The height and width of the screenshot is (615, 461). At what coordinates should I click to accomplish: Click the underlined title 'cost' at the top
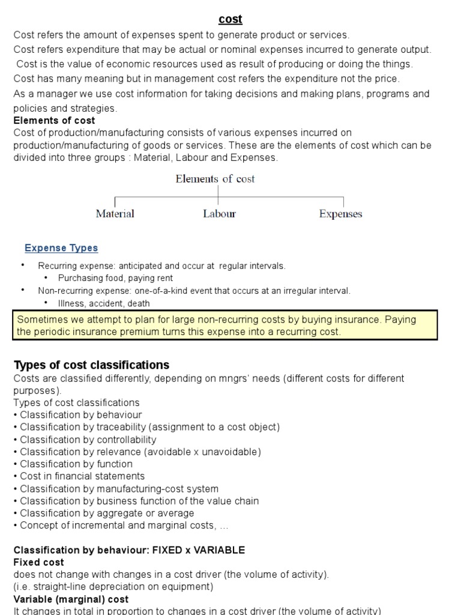tap(230, 19)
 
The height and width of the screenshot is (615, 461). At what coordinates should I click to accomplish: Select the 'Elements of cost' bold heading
tap(54, 121)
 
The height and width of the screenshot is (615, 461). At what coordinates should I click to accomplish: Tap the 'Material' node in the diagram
tap(115, 214)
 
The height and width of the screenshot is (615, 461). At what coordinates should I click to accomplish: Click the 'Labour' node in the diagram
tap(219, 214)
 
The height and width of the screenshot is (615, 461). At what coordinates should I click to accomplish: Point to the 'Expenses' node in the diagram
tap(340, 214)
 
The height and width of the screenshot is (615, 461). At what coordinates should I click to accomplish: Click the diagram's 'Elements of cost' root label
tap(215, 179)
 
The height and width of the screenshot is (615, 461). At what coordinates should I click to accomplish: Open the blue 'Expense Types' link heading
tap(61, 248)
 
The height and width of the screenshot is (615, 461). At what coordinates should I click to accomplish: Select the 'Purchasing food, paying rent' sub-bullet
tap(115, 278)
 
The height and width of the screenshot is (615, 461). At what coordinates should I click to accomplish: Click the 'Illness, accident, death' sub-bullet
tap(104, 303)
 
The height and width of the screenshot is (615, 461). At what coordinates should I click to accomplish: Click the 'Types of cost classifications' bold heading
tap(91, 365)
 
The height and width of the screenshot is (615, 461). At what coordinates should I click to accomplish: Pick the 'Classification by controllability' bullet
tap(88, 440)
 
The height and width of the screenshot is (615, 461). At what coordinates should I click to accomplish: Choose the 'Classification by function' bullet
tap(76, 464)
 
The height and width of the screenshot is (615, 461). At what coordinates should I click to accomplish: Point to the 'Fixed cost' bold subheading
tap(38, 563)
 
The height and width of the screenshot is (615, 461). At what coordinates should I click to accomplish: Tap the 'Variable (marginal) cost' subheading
tap(71, 599)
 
